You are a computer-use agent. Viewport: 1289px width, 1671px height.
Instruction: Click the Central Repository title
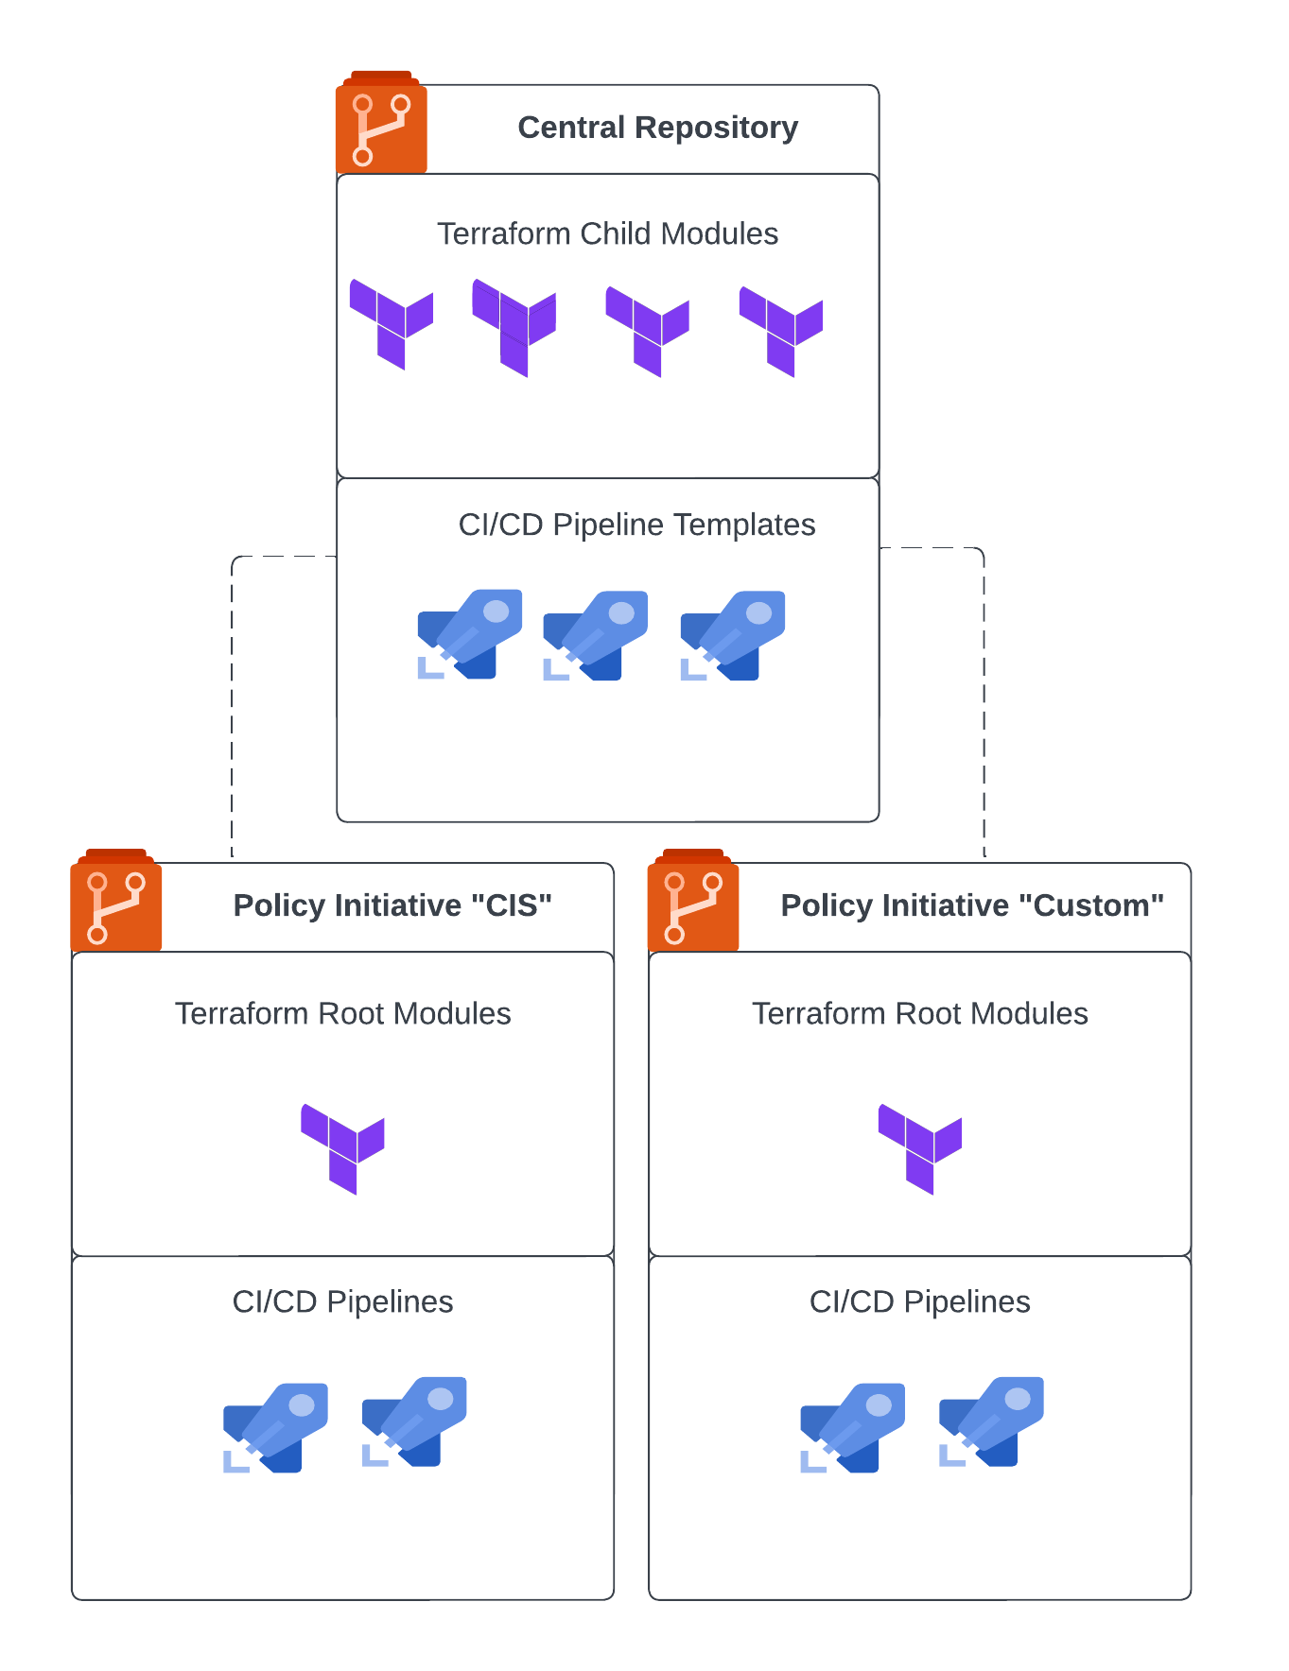[657, 128]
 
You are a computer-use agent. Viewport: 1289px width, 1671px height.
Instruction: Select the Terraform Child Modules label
[607, 233]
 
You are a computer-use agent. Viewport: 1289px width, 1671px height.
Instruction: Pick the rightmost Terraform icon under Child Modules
[781, 330]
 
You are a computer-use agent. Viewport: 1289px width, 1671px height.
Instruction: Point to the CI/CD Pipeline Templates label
[636, 525]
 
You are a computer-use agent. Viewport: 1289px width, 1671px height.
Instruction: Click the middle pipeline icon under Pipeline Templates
[596, 635]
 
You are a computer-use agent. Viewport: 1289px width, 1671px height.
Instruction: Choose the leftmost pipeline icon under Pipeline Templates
[470, 633]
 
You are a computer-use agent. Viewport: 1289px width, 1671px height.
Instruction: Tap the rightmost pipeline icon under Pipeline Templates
[733, 635]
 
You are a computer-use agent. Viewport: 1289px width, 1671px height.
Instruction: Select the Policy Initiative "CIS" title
[392, 905]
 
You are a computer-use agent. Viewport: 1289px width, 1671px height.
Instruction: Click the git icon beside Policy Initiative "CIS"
[116, 905]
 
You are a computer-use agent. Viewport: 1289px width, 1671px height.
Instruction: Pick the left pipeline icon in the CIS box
[275, 1427]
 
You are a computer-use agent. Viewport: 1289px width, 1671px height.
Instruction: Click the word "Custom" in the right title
[1091, 905]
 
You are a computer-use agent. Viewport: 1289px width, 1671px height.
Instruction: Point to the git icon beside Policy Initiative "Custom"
[693, 905]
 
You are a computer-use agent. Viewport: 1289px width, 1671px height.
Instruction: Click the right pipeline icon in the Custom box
[991, 1421]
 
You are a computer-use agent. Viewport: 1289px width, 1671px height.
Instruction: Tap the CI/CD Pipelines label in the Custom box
[919, 1301]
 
